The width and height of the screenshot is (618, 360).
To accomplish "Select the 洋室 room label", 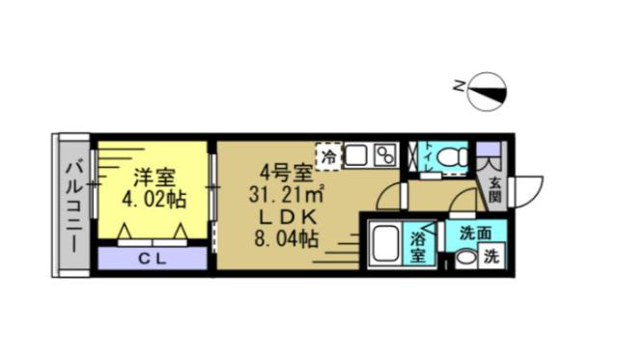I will [154, 179].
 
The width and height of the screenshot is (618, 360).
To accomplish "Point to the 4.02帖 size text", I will [154, 200].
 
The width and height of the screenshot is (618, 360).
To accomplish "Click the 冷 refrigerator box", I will [329, 154].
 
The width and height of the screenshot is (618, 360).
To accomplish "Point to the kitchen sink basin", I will [356, 154].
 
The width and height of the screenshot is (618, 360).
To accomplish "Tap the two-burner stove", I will [384, 154].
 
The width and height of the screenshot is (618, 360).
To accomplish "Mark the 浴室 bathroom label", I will [420, 246].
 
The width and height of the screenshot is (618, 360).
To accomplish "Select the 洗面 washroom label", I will [473, 233].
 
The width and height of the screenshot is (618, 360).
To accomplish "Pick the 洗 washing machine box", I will [492, 258].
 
